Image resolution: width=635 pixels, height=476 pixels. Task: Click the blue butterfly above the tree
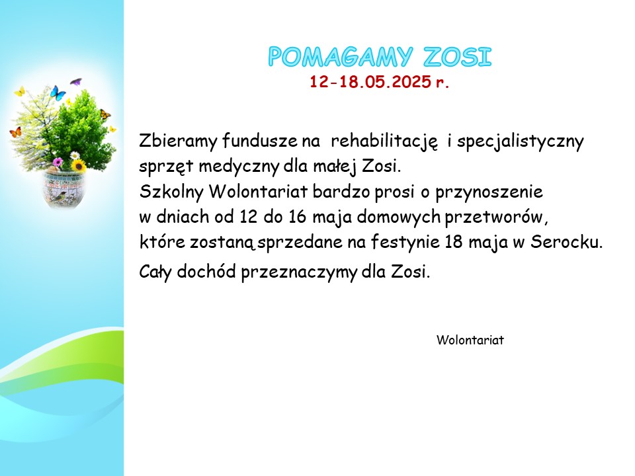click(x=58, y=93)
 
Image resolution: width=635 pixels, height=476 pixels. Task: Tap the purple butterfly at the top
click(x=75, y=82)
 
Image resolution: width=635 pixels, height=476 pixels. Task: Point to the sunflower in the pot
click(x=78, y=165)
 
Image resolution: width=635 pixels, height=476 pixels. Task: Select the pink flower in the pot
click(x=58, y=162)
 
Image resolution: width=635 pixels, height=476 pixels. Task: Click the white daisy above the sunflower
click(x=75, y=155)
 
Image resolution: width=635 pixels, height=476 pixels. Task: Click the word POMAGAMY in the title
click(x=341, y=57)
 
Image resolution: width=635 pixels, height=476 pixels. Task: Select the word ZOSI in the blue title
click(x=458, y=57)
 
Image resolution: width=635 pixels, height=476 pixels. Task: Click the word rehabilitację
click(x=384, y=141)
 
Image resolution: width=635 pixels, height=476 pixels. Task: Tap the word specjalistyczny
click(x=521, y=142)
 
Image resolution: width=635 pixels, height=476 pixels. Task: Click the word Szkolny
click(x=171, y=192)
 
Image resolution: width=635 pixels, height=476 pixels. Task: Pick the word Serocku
click(x=567, y=242)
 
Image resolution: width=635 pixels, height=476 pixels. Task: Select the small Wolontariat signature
click(x=470, y=340)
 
